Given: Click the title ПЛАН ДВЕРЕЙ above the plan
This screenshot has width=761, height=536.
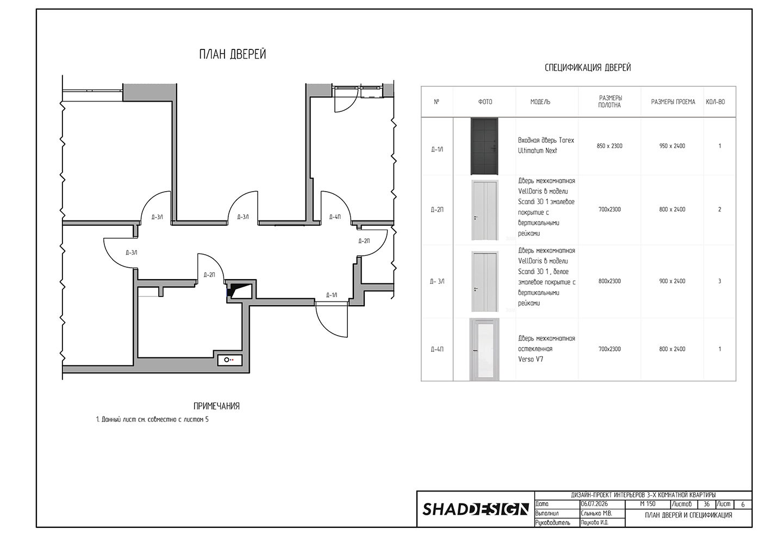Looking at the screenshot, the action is [x=233, y=54].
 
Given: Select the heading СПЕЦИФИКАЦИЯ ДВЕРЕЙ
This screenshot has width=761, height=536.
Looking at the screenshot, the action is [x=588, y=67].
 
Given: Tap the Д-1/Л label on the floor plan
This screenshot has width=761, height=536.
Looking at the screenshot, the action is [x=332, y=295].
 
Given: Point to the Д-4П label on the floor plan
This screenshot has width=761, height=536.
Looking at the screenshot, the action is [x=335, y=217].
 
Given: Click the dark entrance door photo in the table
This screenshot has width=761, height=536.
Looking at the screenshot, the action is [x=484, y=146].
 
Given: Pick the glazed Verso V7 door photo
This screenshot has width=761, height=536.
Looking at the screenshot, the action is [x=484, y=349].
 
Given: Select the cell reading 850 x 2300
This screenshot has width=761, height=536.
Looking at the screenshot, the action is [x=609, y=146].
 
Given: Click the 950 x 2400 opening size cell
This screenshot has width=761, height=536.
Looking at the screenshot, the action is [x=672, y=146].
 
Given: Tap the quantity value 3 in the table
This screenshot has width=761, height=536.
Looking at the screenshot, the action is [x=720, y=281].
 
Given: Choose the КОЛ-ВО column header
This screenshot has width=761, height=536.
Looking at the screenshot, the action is [x=715, y=102].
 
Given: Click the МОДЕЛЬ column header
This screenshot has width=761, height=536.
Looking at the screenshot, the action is [x=540, y=102].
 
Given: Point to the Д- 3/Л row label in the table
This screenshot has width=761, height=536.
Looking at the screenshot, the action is [x=437, y=281].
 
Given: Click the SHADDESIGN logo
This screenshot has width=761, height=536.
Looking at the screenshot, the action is [x=476, y=509].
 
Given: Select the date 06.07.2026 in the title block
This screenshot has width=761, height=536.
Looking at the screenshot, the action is [x=594, y=504].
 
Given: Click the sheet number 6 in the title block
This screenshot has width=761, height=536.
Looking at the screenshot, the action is [x=743, y=505].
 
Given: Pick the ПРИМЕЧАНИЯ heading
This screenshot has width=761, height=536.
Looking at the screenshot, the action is [x=216, y=406].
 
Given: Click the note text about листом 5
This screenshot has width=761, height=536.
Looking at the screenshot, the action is [x=152, y=420].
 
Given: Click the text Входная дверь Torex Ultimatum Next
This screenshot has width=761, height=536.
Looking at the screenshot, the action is [x=546, y=146].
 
